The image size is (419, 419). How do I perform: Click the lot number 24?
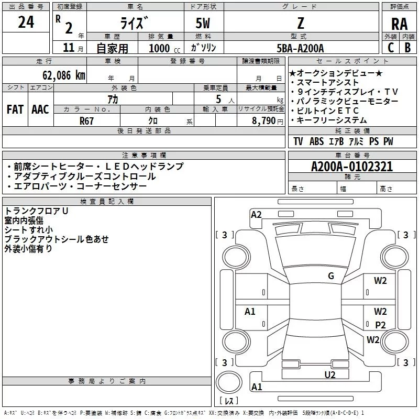point(26,23)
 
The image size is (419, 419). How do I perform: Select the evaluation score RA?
point(399,24)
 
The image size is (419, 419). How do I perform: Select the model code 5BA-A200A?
point(300,48)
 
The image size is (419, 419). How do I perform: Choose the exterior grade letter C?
point(390,48)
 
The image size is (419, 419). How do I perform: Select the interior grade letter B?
point(407,48)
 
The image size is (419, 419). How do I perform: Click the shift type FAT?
point(15,109)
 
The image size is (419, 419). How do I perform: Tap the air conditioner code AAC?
point(40,109)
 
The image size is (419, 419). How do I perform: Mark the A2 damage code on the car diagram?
point(256,214)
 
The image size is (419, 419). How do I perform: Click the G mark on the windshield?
point(330,276)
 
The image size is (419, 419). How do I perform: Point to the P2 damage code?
point(380,325)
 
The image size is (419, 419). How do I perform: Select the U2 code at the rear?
point(329,374)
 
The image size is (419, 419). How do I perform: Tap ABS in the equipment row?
point(316,141)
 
